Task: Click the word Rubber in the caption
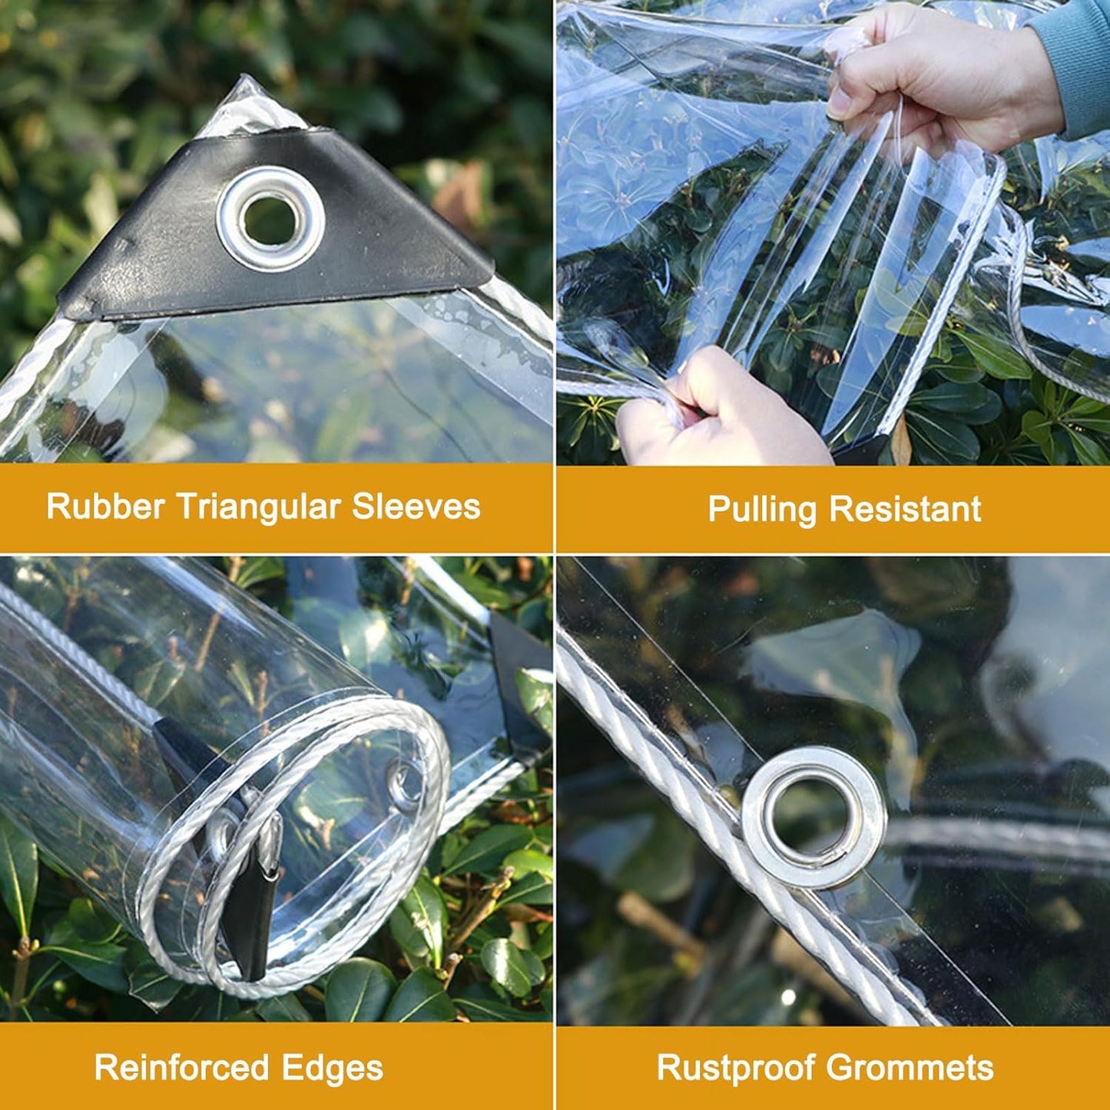click(x=105, y=507)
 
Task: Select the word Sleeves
click(x=416, y=507)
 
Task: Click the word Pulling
click(x=761, y=510)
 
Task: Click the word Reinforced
click(x=181, y=1068)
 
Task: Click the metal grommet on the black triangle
click(x=270, y=219)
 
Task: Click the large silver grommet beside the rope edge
click(x=813, y=817)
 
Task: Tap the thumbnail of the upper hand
click(x=838, y=104)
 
